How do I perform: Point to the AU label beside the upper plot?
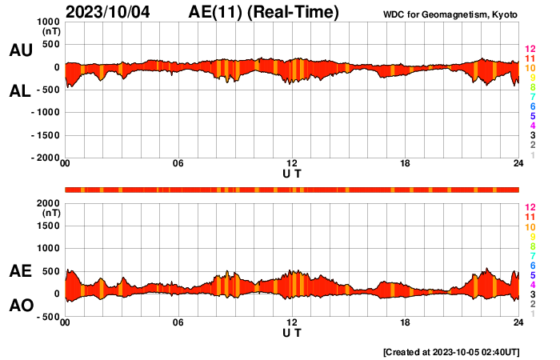coord(20,50)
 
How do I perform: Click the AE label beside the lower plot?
coord(20,271)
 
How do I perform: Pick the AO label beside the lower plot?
coord(20,306)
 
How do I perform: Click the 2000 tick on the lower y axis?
coord(50,204)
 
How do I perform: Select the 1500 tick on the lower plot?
coord(50,226)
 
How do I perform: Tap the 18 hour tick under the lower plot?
coord(405,323)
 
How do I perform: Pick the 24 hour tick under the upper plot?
coord(518,165)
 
